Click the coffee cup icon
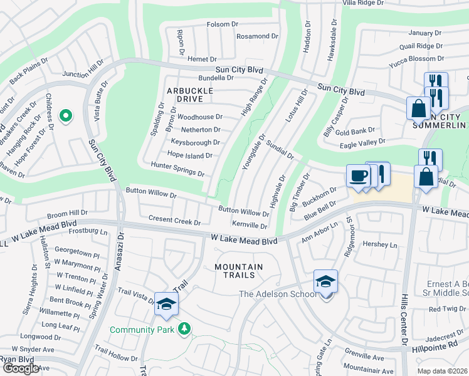point(359,176)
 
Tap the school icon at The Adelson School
point(326,281)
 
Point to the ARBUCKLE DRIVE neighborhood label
point(186,95)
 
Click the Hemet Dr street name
point(202,59)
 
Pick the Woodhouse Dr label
point(200,117)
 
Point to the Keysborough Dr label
point(195,142)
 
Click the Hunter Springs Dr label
point(177,166)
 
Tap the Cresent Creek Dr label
point(174,221)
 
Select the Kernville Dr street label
point(250,226)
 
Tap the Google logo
point(21,368)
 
